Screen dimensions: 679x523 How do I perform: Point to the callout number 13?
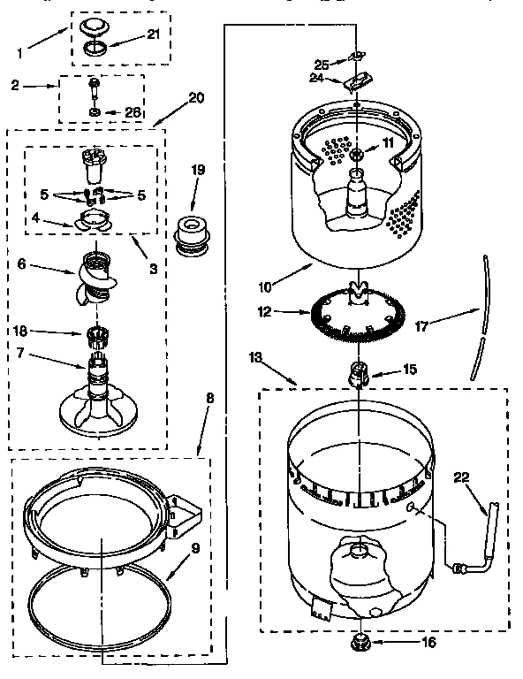point(256,357)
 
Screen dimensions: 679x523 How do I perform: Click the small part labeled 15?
point(359,373)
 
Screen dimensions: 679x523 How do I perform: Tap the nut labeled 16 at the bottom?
point(360,643)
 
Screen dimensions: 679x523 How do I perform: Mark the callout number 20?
point(195,98)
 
